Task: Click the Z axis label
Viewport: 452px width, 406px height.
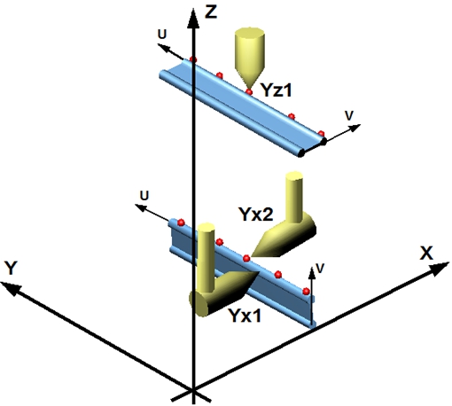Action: (x=211, y=12)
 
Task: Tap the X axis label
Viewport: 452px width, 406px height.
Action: (x=426, y=253)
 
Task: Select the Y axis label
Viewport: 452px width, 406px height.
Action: (x=12, y=268)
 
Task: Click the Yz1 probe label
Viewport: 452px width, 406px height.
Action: (x=277, y=90)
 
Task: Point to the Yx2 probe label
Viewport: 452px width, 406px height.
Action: (x=256, y=215)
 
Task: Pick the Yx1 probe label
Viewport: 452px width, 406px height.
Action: (x=245, y=316)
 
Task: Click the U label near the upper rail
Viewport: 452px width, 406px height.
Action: (x=162, y=35)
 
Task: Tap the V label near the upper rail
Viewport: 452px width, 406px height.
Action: (x=349, y=116)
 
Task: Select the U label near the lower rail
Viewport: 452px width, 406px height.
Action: (x=144, y=196)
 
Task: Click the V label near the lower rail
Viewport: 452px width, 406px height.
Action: (x=320, y=268)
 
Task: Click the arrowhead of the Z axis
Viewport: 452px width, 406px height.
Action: (x=193, y=19)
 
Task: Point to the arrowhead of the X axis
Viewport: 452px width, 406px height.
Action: (x=440, y=269)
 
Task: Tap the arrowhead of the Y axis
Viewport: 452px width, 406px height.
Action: (x=12, y=288)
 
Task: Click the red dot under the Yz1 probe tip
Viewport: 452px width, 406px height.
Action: (x=249, y=92)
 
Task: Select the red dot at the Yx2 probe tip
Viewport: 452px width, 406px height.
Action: (x=246, y=259)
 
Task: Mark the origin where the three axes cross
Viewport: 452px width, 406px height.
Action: (x=193, y=391)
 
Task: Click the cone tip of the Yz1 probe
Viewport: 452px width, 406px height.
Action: (x=250, y=88)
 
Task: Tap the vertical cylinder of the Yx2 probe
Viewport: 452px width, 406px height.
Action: (x=294, y=197)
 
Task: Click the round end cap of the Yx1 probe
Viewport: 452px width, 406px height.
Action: (x=199, y=304)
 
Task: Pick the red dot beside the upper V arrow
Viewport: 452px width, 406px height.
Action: (x=322, y=134)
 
